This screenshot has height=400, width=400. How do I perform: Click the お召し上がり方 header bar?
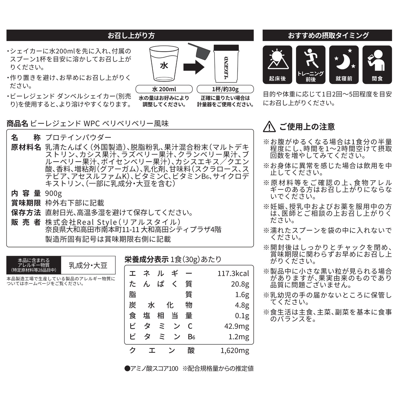pos(130,35)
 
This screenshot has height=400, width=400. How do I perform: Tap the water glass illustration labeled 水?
pos(164,64)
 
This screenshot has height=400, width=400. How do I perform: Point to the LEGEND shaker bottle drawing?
pos(226,64)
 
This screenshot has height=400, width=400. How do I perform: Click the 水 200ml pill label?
pos(164,89)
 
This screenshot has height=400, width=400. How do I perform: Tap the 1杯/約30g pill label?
pos(225,89)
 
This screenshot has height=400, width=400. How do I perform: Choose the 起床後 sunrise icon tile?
pos(277,65)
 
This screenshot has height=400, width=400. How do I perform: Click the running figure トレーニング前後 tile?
pos(311,65)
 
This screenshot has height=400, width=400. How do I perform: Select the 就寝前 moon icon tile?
pos(344,65)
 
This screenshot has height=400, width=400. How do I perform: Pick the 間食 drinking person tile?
pos(377,65)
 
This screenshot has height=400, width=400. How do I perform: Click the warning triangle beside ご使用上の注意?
pos(269,127)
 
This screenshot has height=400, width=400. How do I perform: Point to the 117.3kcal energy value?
pos(233,273)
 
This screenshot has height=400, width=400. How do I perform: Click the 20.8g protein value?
pos(240,284)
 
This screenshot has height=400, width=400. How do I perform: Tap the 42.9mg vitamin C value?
pos(237,326)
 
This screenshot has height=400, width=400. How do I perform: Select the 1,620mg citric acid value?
pos(235,350)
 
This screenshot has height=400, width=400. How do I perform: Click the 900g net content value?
pos(54,193)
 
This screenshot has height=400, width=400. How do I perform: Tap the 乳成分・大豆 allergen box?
pos(88,265)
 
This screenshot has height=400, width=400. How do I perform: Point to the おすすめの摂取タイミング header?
pos(327,35)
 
